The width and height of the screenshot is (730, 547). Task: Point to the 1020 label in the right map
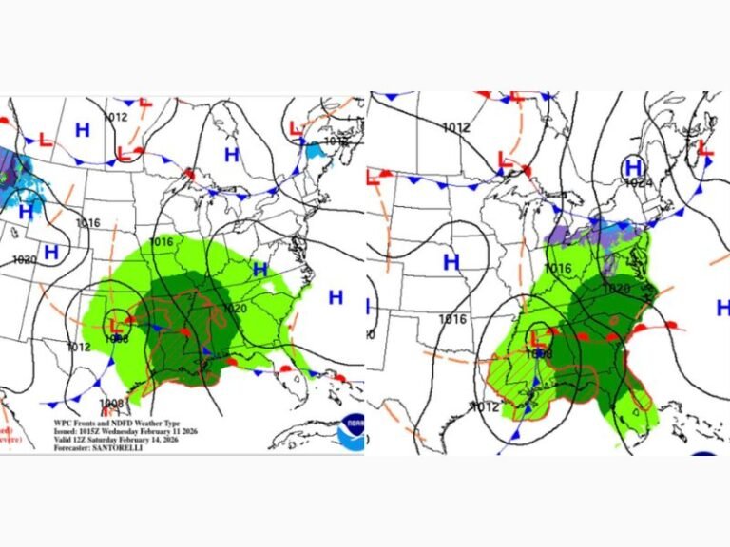617,289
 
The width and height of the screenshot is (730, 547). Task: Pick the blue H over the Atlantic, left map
336,297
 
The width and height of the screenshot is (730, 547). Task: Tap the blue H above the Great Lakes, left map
231,154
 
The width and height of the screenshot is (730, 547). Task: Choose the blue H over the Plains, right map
451,260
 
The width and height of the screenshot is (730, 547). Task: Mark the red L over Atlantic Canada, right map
705,148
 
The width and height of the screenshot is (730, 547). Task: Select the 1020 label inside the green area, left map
235,309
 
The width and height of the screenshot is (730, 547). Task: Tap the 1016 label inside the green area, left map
162,242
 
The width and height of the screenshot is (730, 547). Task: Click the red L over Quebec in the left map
297,126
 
